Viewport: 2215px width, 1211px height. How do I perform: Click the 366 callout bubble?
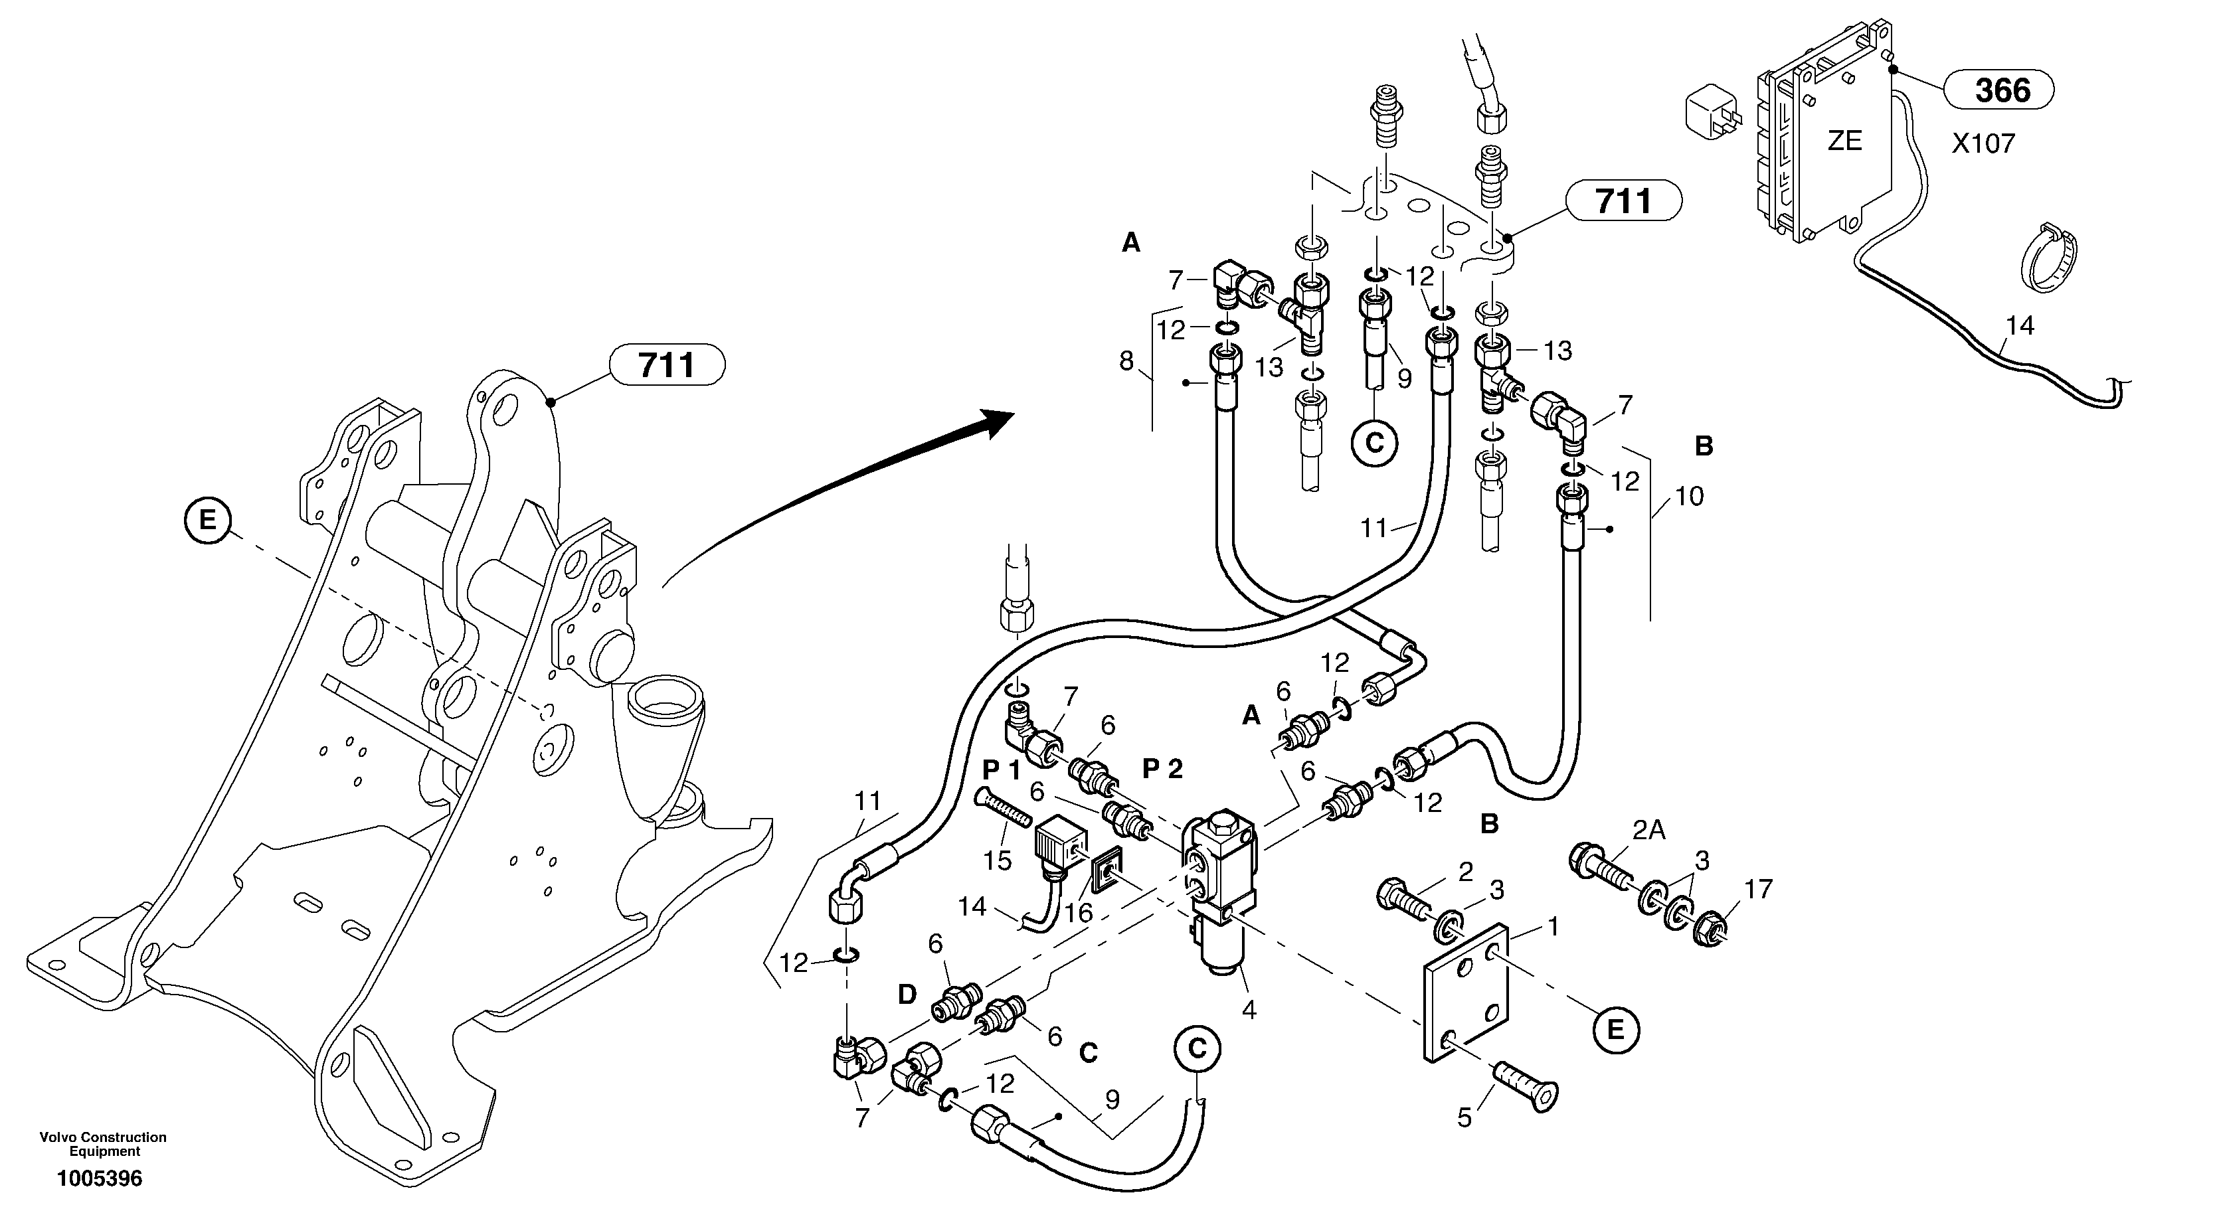click(2002, 90)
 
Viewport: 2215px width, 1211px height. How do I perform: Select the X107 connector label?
click(1983, 143)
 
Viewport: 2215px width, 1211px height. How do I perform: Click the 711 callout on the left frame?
click(667, 366)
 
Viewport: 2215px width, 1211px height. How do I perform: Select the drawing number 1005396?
click(99, 1178)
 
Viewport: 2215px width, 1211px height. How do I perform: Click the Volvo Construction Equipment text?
click(103, 1144)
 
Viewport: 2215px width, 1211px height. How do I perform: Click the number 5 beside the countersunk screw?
click(1464, 1117)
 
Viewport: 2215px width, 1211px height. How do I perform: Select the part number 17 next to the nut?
click(1759, 889)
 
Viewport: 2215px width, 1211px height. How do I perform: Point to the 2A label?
click(1648, 831)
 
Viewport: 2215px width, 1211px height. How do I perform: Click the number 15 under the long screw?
click(998, 860)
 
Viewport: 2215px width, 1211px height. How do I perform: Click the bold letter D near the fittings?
click(907, 995)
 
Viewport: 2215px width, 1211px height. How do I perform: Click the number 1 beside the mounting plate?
click(1553, 927)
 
